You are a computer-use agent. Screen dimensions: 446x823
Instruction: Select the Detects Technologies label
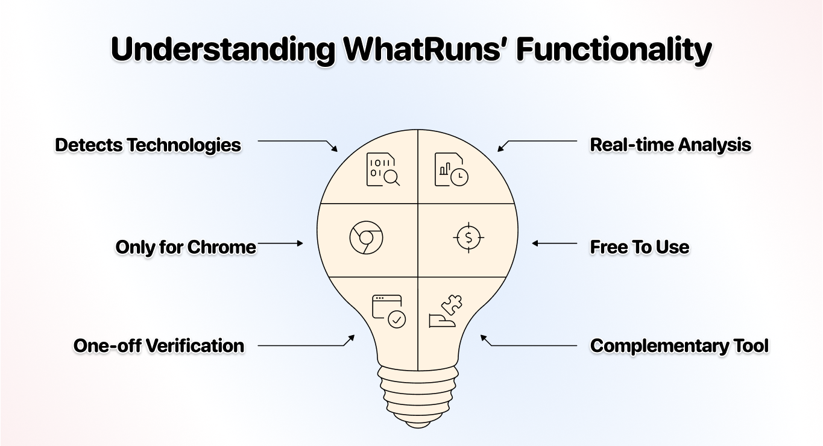tap(148, 145)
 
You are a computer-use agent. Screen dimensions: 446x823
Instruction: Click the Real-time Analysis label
tap(670, 145)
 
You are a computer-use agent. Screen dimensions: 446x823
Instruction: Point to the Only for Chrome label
tap(186, 248)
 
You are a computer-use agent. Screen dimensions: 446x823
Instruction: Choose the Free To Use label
tap(639, 248)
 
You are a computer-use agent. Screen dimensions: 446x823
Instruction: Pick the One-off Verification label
tap(159, 346)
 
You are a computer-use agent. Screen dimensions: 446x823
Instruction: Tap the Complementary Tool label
tap(680, 346)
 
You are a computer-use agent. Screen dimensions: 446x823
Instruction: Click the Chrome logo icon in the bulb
tap(366, 237)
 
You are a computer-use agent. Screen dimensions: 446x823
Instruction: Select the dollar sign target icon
tap(468, 237)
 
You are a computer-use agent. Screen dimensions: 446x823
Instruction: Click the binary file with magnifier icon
tap(383, 170)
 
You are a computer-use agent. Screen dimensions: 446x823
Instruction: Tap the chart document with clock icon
tap(452, 170)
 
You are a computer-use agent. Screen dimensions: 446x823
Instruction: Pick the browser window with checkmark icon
tap(388, 311)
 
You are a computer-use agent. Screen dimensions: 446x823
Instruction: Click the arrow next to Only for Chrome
tap(280, 243)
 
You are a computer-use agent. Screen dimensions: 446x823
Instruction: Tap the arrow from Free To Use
tap(554, 243)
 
